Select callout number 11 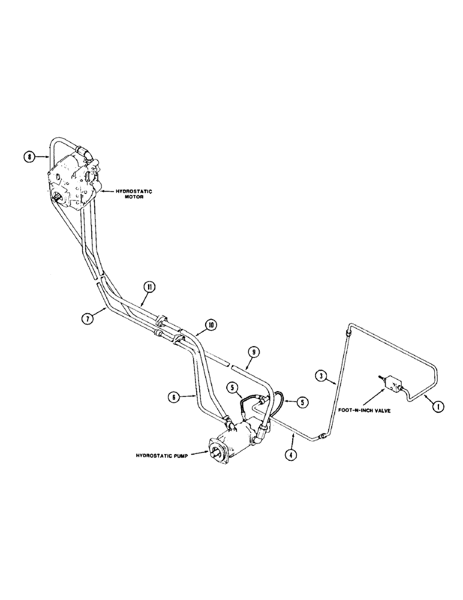[x=148, y=287]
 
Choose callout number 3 [x=321, y=376]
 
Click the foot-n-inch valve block [x=392, y=382]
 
